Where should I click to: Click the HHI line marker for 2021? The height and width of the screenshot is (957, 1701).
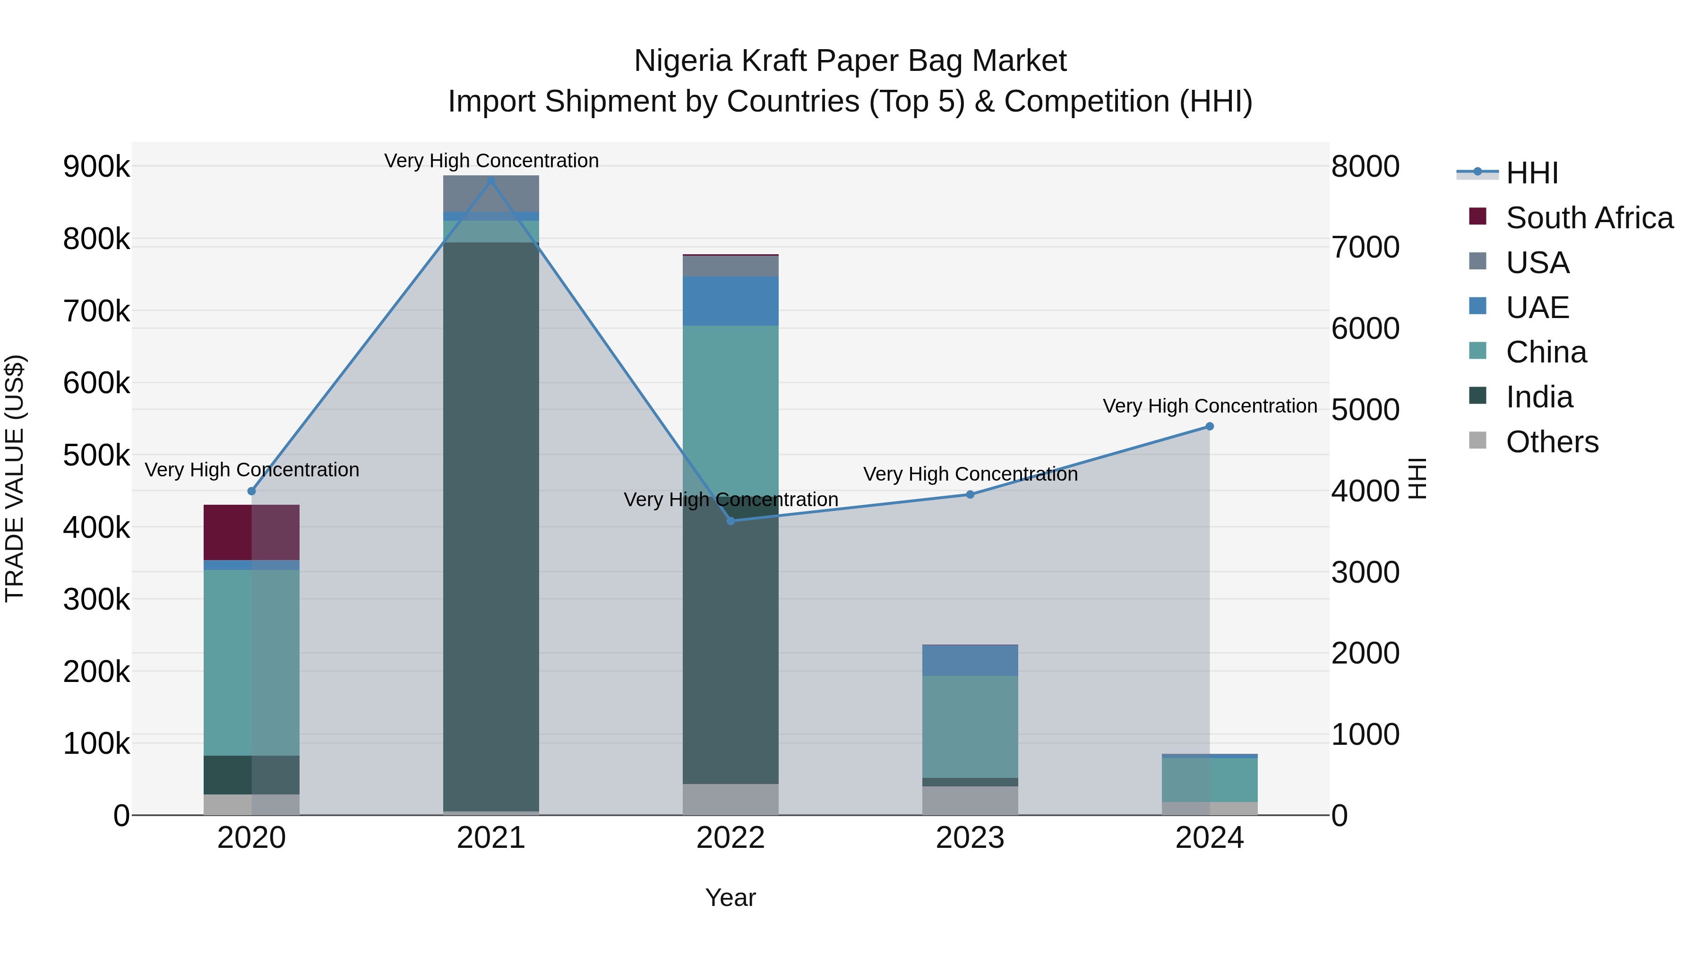pyautogui.click(x=490, y=181)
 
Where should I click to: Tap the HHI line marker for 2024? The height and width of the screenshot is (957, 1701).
pyautogui.click(x=1209, y=427)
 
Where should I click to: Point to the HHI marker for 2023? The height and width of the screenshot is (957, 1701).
pyautogui.click(x=970, y=495)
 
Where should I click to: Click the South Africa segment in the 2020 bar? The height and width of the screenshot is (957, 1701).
pyautogui.click(x=251, y=532)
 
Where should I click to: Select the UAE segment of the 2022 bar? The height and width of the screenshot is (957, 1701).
pyautogui.click(x=730, y=301)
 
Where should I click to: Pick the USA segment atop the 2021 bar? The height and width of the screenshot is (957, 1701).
pyautogui.click(x=490, y=193)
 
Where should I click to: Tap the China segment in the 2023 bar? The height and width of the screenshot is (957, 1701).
pyautogui.click(x=970, y=726)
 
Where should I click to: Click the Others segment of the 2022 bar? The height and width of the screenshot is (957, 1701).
pyautogui.click(x=730, y=799)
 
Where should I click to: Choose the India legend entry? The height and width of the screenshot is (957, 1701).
pyautogui.click(x=1539, y=397)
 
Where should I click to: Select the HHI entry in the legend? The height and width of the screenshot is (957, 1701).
pyautogui.click(x=1532, y=173)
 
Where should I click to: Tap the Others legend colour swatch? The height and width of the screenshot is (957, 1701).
pyautogui.click(x=1478, y=440)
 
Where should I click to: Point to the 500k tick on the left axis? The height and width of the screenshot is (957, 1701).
pyautogui.click(x=96, y=455)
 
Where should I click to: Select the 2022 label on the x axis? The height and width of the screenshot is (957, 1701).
pyautogui.click(x=730, y=838)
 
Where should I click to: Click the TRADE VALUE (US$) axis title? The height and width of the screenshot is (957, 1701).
pyautogui.click(x=15, y=478)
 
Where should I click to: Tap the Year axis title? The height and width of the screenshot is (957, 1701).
pyautogui.click(x=730, y=897)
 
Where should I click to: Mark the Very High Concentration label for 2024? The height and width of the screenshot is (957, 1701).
pyautogui.click(x=1210, y=406)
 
